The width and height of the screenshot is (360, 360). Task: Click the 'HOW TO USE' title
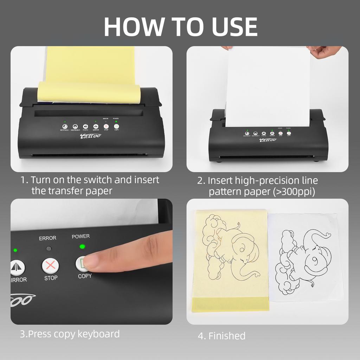[x=180, y=26]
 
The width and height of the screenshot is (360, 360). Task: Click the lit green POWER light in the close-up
[x=82, y=246]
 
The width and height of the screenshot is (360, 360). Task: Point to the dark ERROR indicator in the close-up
[x=49, y=248]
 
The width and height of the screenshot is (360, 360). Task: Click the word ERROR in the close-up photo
[x=47, y=238]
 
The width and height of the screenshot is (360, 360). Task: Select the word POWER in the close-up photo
[x=81, y=236]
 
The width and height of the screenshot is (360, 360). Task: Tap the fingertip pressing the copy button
[x=92, y=261]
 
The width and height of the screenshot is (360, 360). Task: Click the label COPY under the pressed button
[x=85, y=276]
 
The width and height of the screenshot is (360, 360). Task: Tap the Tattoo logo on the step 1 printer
[x=91, y=136]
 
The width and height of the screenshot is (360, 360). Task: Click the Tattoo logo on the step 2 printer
[x=268, y=140]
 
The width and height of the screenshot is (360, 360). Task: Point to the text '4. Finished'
[x=221, y=336]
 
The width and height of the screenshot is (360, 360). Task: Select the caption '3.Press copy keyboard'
[x=70, y=334]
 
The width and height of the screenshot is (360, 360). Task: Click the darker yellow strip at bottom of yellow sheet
[x=230, y=304]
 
